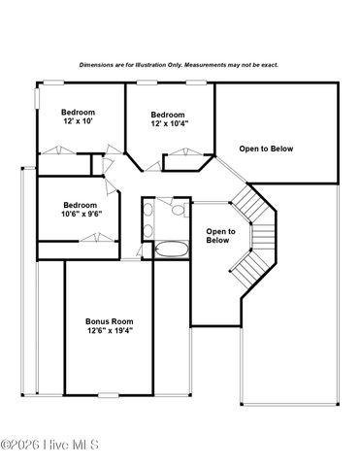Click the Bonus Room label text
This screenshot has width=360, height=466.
(x=109, y=321)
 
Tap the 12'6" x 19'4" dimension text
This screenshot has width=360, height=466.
(x=109, y=331)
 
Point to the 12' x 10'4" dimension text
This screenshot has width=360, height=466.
(x=170, y=123)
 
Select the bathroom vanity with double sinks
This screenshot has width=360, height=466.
(x=147, y=218)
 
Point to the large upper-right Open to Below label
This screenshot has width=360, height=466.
(x=266, y=149)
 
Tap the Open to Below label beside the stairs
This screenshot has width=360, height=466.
(x=220, y=235)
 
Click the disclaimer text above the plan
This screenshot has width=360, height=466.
(x=179, y=65)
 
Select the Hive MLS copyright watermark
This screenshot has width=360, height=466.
(x=57, y=446)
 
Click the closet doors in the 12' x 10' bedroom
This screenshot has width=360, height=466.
(x=59, y=149)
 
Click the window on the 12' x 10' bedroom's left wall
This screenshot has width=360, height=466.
(x=37, y=97)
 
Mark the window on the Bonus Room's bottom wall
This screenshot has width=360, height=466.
(x=107, y=396)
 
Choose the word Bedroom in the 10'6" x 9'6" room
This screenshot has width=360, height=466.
(x=81, y=205)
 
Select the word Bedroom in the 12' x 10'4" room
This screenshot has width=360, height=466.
(x=169, y=114)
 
